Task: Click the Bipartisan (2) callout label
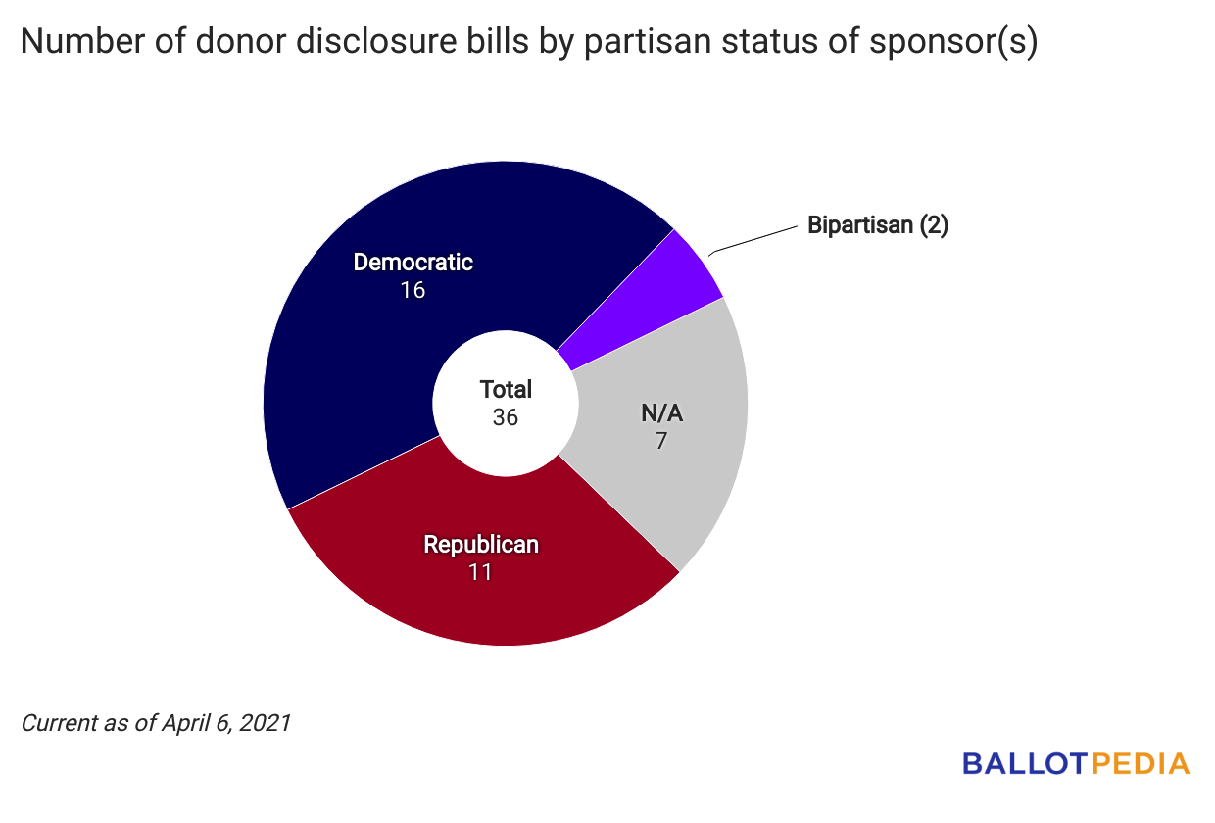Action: (878, 225)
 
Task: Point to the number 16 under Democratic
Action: (413, 290)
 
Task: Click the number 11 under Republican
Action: (480, 571)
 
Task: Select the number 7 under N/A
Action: (661, 440)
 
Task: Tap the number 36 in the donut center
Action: (506, 416)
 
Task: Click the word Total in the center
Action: (506, 389)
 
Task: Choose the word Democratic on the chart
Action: (413, 263)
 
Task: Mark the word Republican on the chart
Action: (480, 544)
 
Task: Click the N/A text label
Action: (661, 412)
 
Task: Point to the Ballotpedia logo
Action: (1075, 763)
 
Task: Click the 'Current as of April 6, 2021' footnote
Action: (156, 724)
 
